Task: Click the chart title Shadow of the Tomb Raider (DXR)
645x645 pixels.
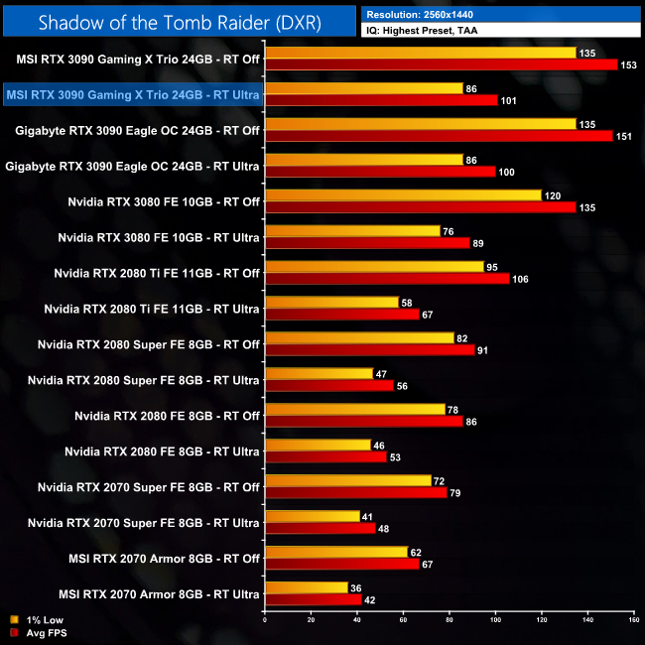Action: tap(178, 23)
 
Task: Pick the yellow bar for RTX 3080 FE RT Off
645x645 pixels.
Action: tap(403, 195)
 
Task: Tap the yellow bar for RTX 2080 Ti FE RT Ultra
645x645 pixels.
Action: tap(331, 303)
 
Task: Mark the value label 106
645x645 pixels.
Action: tap(520, 279)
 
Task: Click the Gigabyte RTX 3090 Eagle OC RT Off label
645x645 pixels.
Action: tap(137, 130)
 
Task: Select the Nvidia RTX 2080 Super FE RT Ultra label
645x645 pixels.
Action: tap(144, 380)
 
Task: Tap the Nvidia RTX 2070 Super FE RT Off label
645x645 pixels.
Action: tap(149, 487)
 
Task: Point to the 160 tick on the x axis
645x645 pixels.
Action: tap(632, 621)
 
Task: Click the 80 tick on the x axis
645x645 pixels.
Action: tap(449, 621)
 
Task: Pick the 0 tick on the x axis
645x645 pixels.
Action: tap(265, 621)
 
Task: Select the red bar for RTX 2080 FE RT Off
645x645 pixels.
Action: tap(364, 422)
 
